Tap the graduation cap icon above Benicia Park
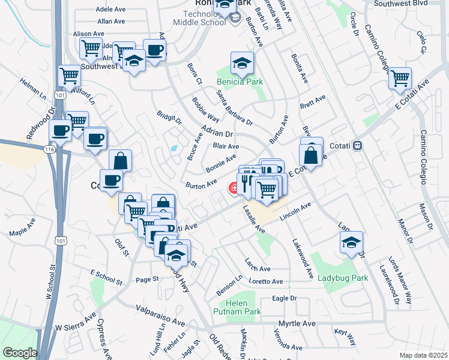point(241,63)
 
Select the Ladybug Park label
point(342,278)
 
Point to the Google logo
point(20,353)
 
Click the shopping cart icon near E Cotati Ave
point(399,78)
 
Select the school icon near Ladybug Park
point(351,242)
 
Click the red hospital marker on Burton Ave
point(232,190)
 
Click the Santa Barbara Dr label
point(235,108)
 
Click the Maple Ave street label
point(23,226)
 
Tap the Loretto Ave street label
point(265,281)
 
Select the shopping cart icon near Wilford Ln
point(69,76)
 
